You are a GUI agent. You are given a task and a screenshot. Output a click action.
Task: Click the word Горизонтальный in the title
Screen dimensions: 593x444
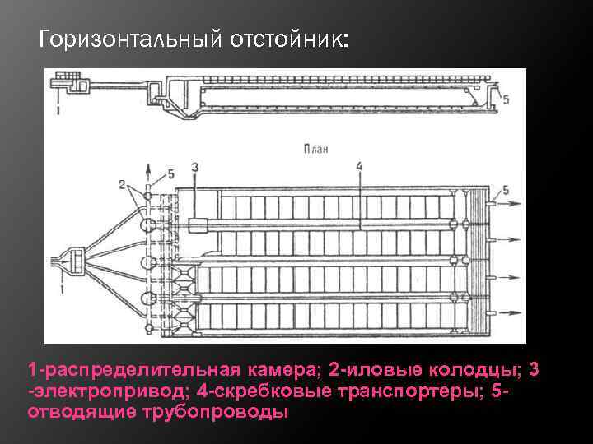tap(127, 40)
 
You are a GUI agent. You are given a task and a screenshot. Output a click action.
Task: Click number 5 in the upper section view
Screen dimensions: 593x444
tap(506, 99)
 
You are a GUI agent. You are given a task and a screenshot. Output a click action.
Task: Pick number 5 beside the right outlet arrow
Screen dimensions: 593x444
tap(506, 190)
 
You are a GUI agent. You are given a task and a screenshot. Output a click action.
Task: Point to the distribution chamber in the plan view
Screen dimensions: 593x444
tap(72, 261)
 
